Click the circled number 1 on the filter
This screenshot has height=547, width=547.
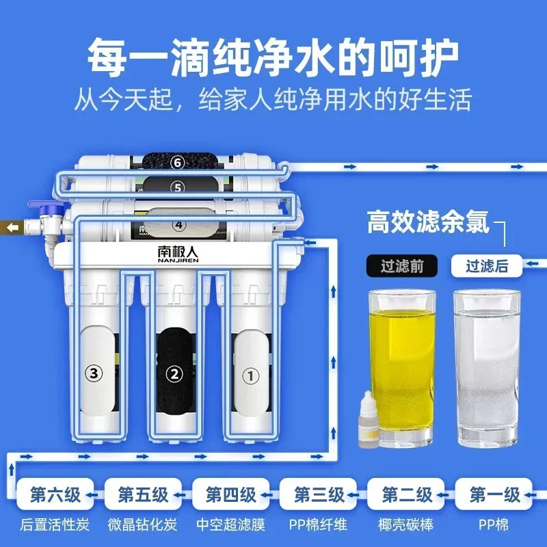coord(252,375)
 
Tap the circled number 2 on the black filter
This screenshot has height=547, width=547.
coord(174,374)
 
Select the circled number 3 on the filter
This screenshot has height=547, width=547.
coord(94,373)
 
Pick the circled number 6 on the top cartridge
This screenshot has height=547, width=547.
coord(178,162)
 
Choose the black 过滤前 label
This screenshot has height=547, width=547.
coord(401,266)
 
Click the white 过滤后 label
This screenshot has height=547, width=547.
coord(486,266)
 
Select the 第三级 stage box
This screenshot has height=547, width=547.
coord(319,494)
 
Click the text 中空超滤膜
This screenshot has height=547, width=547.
coord(231,526)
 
